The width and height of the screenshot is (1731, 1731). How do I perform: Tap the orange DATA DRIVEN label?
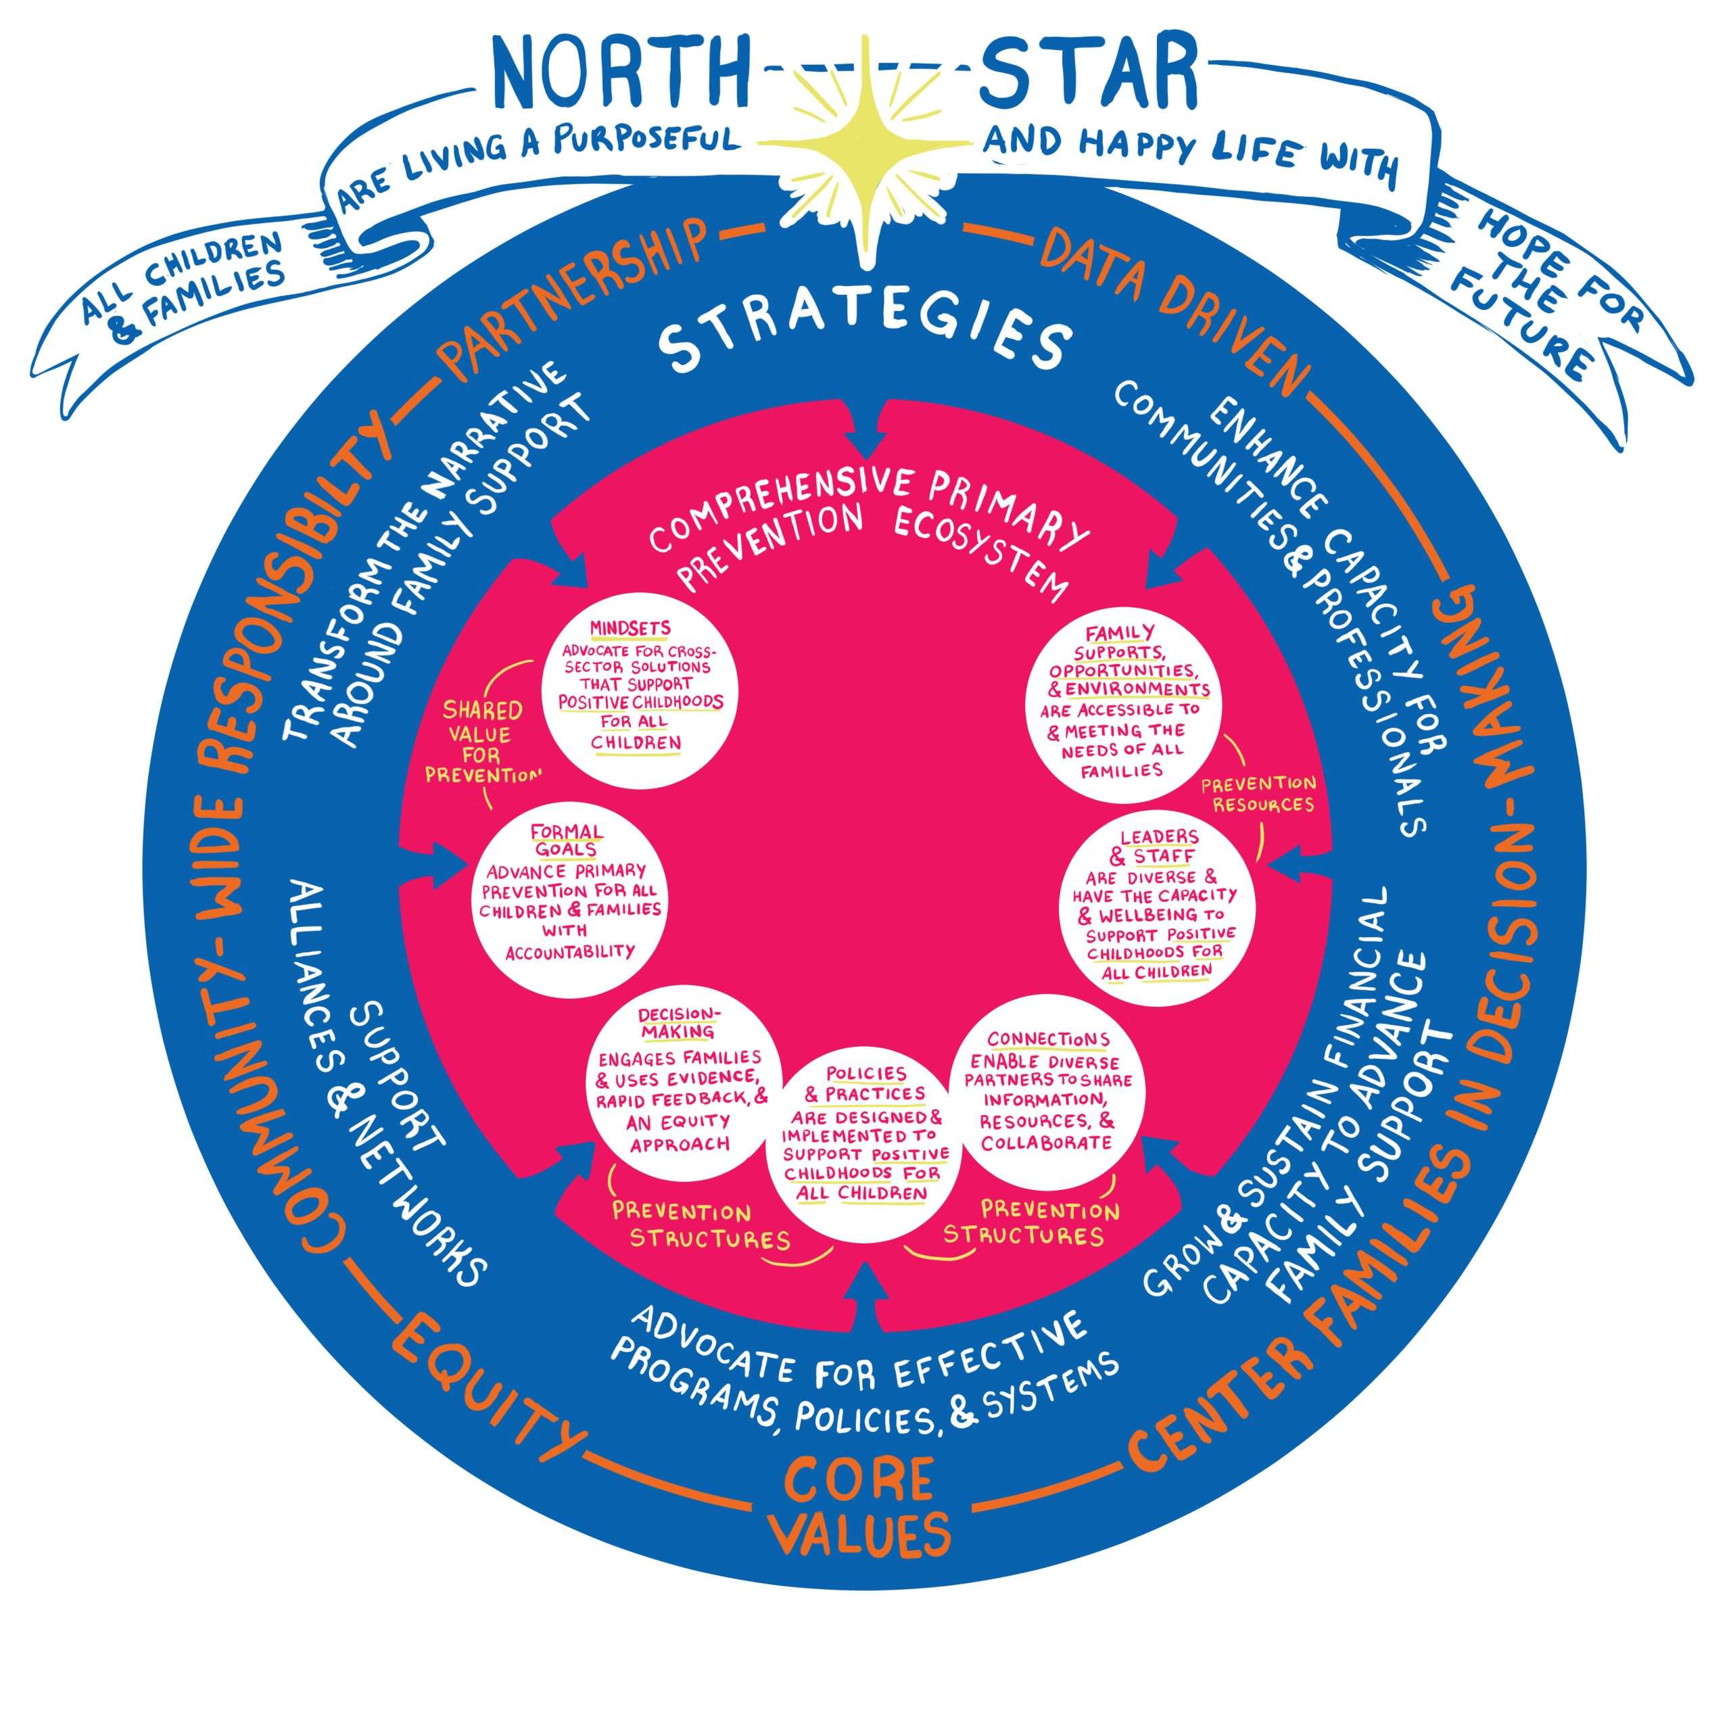[1175, 309]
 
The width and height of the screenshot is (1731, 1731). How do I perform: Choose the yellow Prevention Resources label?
[1258, 793]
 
